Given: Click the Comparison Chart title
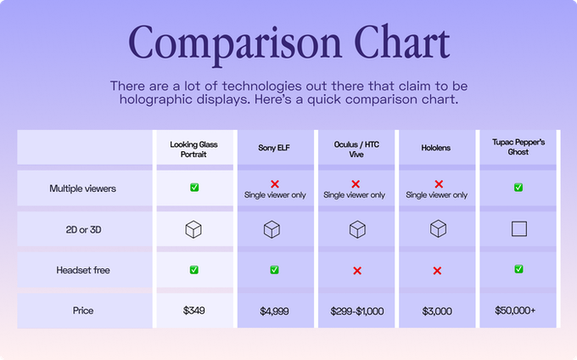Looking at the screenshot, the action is pyautogui.click(x=288, y=43).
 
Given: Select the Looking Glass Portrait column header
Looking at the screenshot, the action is pyautogui.click(x=193, y=149).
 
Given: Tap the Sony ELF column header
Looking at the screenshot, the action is pyautogui.click(x=274, y=148).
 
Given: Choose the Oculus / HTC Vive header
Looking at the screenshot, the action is pyautogui.click(x=356, y=149).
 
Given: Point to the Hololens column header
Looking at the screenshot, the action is pyautogui.click(x=435, y=148).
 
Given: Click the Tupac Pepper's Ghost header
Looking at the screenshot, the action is pyautogui.click(x=518, y=147).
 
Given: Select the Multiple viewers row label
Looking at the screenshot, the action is pyautogui.click(x=83, y=188).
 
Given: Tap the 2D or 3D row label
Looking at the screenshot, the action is pyautogui.click(x=83, y=230).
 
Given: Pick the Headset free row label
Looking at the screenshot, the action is pyautogui.click(x=83, y=270).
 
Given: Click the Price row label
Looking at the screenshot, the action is pyautogui.click(x=83, y=311).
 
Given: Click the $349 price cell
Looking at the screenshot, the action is pyautogui.click(x=194, y=311).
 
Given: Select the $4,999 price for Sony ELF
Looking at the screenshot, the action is pyautogui.click(x=274, y=312).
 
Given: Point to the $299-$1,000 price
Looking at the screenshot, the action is pyautogui.click(x=357, y=312).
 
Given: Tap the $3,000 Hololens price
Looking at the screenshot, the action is pyautogui.click(x=437, y=312).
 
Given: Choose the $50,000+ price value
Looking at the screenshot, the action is pyautogui.click(x=515, y=311).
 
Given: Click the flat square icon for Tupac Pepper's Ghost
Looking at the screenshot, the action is pyautogui.click(x=519, y=229).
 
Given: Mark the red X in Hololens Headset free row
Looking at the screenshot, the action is pyautogui.click(x=437, y=271).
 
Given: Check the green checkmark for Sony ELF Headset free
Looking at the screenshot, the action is pyautogui.click(x=275, y=270).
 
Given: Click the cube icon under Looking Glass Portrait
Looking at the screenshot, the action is pyautogui.click(x=193, y=230).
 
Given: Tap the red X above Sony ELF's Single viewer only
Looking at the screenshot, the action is pyautogui.click(x=275, y=184).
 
